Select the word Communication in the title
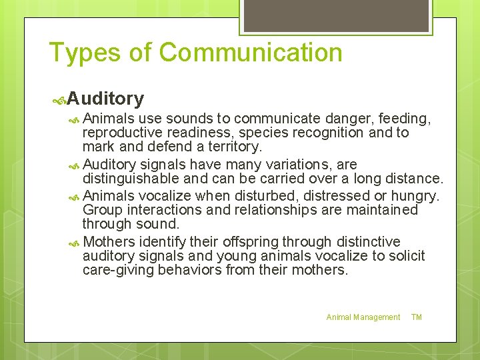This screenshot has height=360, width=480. coord(251,53)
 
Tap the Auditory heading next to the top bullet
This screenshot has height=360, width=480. coord(105,99)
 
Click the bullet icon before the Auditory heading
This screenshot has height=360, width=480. coord(59,100)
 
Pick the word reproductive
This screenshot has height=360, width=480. coord(123,133)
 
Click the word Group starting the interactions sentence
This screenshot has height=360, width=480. coord(101,210)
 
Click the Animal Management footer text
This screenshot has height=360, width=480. coord(363,317)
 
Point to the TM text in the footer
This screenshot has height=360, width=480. coord(417,317)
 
